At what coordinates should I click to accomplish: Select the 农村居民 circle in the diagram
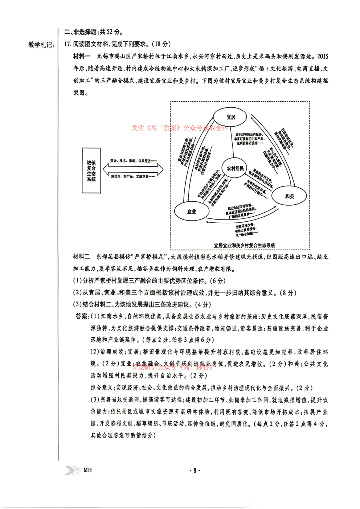point(235,168)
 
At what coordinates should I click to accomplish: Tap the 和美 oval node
point(289,196)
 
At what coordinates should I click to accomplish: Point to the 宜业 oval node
point(191,212)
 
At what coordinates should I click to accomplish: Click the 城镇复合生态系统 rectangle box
point(91,171)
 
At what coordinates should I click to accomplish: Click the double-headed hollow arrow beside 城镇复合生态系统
point(133,169)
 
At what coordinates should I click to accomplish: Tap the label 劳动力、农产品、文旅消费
point(133,176)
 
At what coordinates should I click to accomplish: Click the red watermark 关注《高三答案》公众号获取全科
point(180,128)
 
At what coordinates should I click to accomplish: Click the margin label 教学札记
point(41,45)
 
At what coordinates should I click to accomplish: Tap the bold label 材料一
point(82,56)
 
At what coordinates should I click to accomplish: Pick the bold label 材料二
point(81,257)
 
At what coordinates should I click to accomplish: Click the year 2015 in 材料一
point(322,56)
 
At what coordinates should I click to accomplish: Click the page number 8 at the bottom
point(195,470)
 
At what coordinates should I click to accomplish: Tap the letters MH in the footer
point(87,470)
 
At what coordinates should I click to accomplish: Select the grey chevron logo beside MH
point(72,470)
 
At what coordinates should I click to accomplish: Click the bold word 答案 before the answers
point(82,316)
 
